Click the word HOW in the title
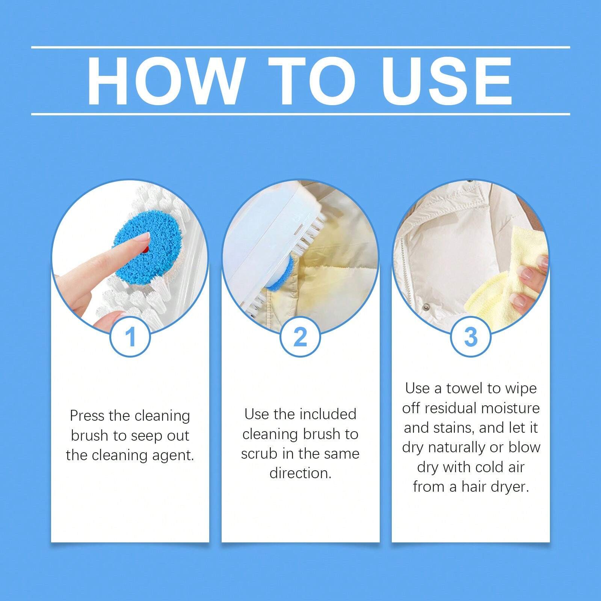165,81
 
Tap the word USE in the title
447,81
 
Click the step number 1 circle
130,337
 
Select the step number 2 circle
300,337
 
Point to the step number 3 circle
470,337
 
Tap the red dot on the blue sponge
146,249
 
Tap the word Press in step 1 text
86,416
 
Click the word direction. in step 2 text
300,473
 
